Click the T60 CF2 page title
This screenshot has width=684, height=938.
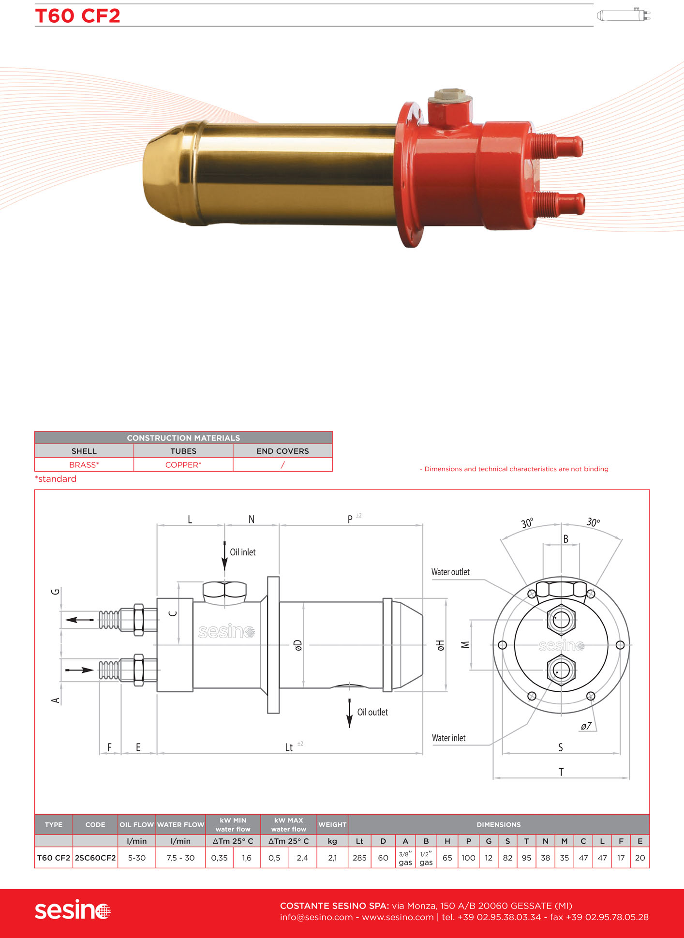point(77,16)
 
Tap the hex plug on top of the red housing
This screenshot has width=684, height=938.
point(450,95)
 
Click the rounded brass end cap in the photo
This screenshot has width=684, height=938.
point(169,173)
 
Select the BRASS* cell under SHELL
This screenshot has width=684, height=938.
point(84,465)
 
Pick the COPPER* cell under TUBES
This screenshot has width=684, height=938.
point(183,465)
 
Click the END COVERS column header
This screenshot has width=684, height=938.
point(283,451)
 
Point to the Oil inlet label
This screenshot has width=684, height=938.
point(242,552)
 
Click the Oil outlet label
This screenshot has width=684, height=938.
point(372,712)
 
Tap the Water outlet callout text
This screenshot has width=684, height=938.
point(450,572)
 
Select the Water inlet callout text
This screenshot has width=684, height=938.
point(448,738)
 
